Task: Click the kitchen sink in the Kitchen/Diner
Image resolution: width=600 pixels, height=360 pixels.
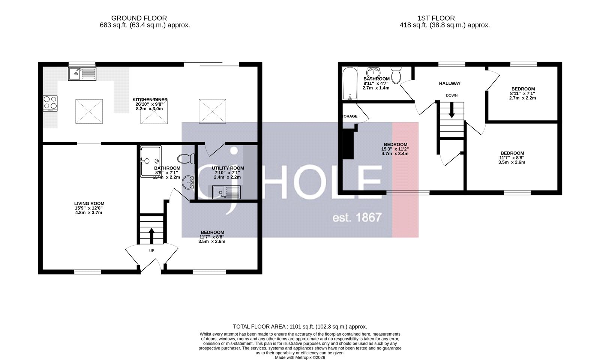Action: coord(82,74)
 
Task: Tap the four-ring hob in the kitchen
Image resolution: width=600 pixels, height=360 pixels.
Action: coord(51,103)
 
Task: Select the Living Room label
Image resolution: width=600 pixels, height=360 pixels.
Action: coord(89,204)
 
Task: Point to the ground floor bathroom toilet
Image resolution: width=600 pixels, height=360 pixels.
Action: coord(186,159)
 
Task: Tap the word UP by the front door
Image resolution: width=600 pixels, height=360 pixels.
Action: coord(151,250)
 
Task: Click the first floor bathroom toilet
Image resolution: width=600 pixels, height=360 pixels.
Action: coord(396,75)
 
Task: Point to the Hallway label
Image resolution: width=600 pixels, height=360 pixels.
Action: coord(450,83)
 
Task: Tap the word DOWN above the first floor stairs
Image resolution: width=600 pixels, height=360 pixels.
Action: coord(451,95)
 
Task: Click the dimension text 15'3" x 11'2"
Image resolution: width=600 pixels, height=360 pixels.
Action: coord(395,149)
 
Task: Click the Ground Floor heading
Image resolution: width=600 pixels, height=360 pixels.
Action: coord(139,18)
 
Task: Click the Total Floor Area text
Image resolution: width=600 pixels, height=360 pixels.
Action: coord(300,327)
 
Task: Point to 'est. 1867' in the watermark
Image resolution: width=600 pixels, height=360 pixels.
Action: coord(357,217)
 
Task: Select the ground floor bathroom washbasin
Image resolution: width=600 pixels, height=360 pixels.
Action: coord(188,183)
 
